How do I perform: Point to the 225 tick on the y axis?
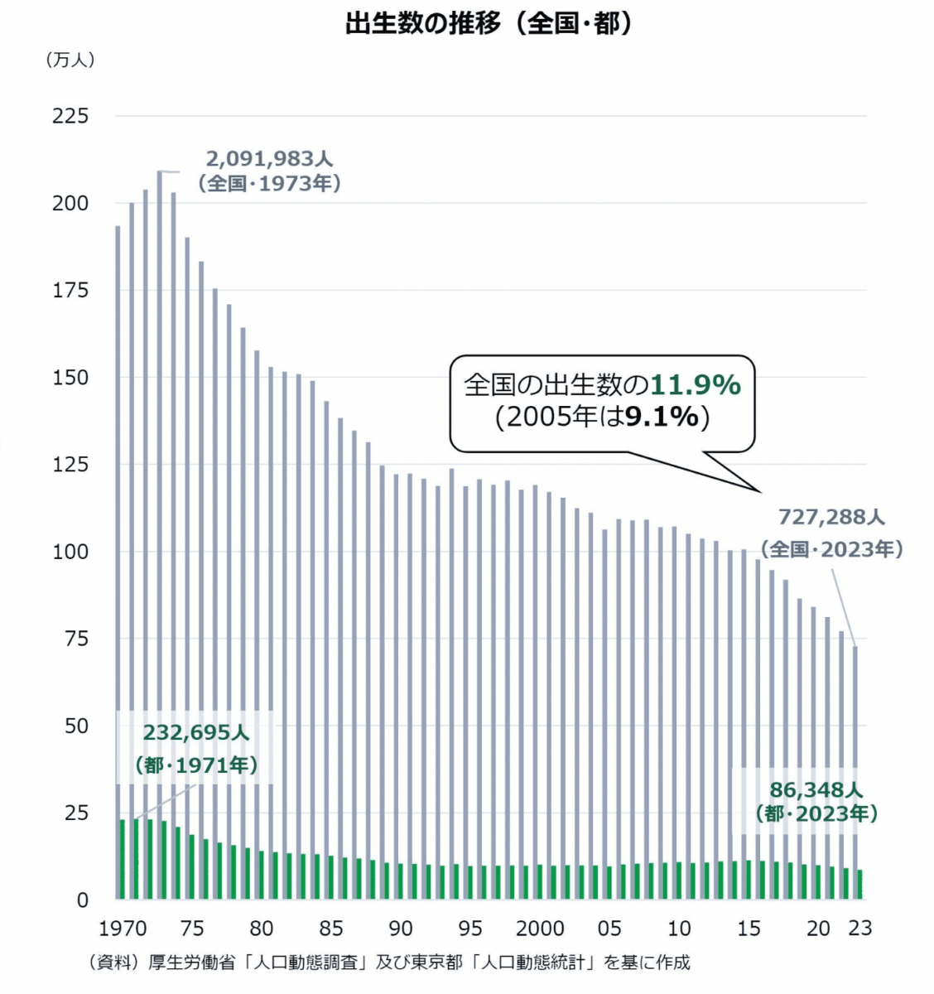point(70,116)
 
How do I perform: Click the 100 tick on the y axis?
point(70,552)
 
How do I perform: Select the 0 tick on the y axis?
point(82,900)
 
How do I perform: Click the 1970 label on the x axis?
point(123,928)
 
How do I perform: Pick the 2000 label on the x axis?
point(540,928)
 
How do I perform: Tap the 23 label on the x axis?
point(860,928)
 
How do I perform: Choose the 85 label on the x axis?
point(331,928)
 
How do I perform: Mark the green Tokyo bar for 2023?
point(859,885)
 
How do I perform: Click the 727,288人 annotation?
point(831,518)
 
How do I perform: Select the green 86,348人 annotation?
point(816,790)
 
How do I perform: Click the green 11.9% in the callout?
point(695,385)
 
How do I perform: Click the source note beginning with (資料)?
point(389,963)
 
